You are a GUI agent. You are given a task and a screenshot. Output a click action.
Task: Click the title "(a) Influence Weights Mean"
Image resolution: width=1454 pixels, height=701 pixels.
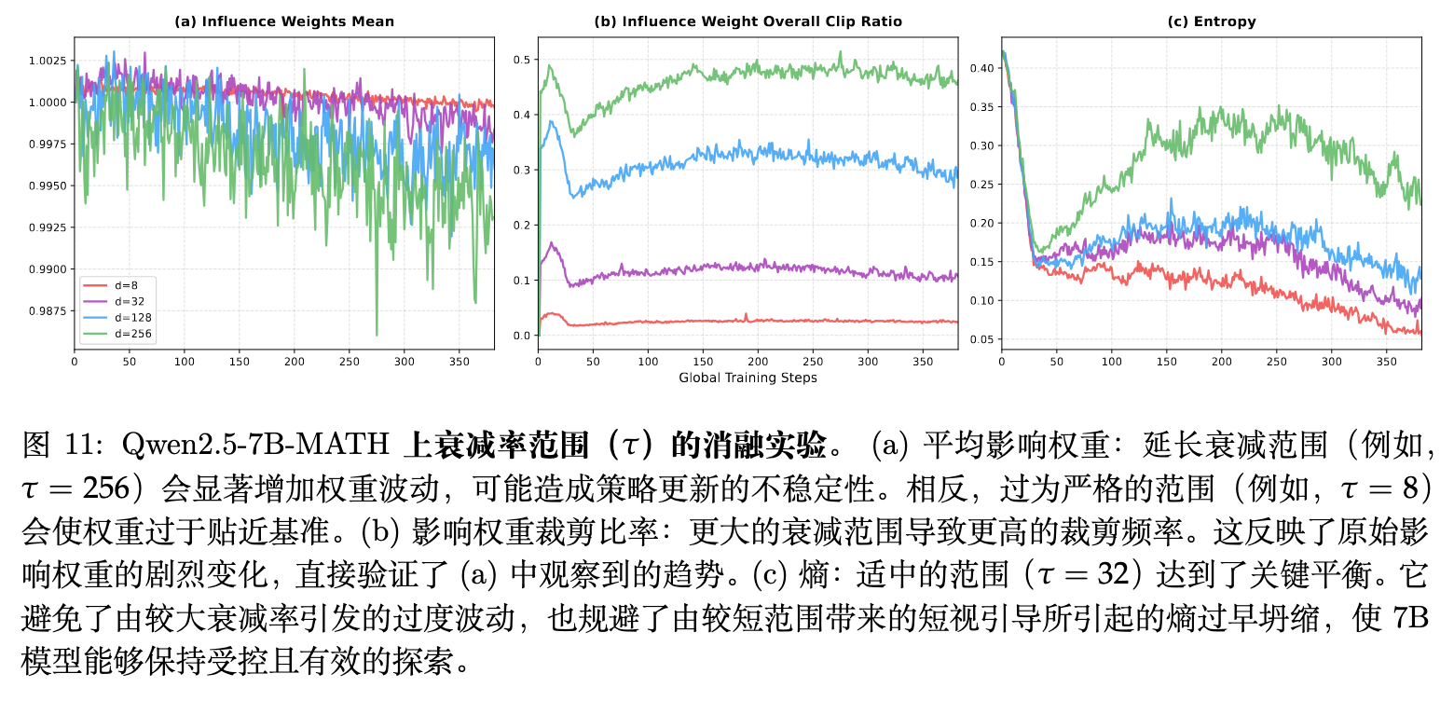click(x=284, y=21)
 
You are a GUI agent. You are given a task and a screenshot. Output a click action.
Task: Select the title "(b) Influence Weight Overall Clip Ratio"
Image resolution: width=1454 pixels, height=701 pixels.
click(x=748, y=21)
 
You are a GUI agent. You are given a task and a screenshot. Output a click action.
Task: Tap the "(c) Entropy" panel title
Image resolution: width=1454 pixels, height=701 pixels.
click(x=1212, y=21)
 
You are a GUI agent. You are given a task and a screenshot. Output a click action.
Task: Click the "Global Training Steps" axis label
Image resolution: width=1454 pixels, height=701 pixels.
click(x=748, y=378)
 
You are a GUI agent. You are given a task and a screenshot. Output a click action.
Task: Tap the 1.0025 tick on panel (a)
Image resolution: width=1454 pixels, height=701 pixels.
click(x=46, y=61)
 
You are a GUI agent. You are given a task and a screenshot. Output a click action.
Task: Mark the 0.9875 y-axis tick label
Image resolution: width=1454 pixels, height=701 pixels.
click(x=46, y=310)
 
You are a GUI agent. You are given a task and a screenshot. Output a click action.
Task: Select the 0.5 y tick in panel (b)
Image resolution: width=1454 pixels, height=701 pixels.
click(x=522, y=61)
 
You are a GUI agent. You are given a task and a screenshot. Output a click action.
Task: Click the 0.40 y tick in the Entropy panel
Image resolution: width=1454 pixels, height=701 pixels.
click(x=981, y=68)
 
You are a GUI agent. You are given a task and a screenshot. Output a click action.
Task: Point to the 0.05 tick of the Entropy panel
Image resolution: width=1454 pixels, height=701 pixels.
click(x=981, y=339)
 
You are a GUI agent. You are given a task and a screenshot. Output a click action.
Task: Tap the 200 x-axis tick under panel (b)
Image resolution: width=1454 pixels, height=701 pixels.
click(x=759, y=361)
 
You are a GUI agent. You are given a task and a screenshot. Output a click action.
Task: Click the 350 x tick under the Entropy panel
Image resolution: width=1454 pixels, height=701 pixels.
click(x=1387, y=361)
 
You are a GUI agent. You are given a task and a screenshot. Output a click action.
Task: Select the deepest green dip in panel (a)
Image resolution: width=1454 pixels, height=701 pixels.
click(x=377, y=334)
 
